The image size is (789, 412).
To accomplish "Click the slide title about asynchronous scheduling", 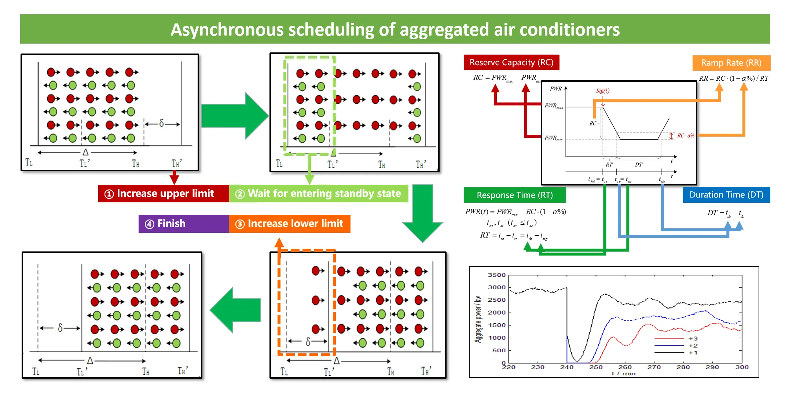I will click(x=395, y=30).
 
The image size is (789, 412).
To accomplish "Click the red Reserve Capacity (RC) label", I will click(x=511, y=62).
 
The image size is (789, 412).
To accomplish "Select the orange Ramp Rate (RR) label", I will click(x=731, y=63).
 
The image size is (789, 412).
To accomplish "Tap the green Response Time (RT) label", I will click(x=514, y=195).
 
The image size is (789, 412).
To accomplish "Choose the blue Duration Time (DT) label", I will click(x=726, y=195).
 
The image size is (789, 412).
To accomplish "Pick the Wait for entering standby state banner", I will click(x=319, y=194).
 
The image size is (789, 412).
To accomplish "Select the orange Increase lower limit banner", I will click(x=290, y=224).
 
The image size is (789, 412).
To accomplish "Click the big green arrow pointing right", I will click(x=235, y=116).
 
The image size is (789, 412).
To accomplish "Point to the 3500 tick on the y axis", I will click(x=496, y=275).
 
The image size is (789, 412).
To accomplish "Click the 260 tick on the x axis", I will click(x=625, y=367).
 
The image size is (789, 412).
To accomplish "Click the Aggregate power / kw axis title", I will click(x=478, y=319).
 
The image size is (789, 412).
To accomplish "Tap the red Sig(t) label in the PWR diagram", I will click(x=602, y=91).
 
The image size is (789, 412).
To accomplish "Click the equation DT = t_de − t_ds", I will click(x=725, y=213).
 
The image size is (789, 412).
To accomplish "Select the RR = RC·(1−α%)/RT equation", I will click(x=733, y=78).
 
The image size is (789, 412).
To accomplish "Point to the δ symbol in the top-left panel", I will click(x=161, y=124).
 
